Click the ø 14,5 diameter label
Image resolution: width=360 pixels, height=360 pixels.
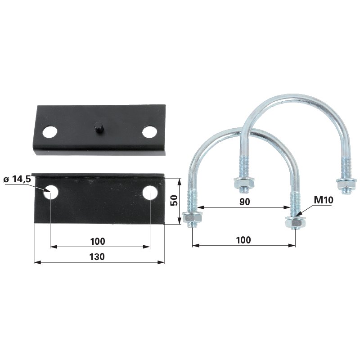pyautogui.click(x=17, y=179)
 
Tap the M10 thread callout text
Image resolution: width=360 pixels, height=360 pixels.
pyautogui.click(x=324, y=200)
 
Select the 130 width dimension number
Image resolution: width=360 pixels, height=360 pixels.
pyautogui.click(x=97, y=256)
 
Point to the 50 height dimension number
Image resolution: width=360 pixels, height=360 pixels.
pyautogui.click(x=175, y=200)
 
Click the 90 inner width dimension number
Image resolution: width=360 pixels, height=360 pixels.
pyautogui.click(x=244, y=202)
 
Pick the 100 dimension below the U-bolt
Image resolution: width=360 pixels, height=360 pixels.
pyautogui.click(x=243, y=240)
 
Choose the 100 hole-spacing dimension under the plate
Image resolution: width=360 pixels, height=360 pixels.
pyautogui.click(x=98, y=242)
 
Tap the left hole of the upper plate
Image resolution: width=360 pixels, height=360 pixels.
pyautogui.click(x=50, y=132)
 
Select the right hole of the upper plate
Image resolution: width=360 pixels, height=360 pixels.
pyautogui.click(x=150, y=132)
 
